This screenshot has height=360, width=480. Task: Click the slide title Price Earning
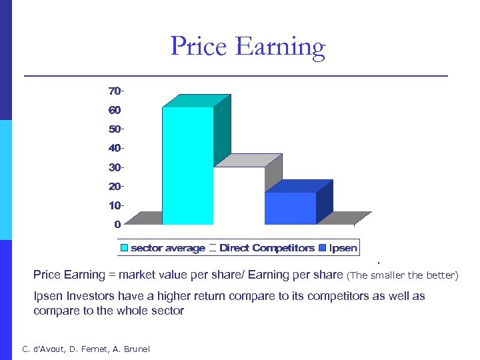[x=247, y=47]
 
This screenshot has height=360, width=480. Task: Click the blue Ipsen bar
[x=290, y=208]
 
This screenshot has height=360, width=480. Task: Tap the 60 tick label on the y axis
[x=115, y=109]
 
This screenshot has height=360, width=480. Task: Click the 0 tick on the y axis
[x=117, y=224]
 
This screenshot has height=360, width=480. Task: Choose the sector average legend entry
[x=167, y=248]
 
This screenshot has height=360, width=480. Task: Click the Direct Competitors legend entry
[x=267, y=248]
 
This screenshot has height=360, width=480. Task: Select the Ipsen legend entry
[x=343, y=248]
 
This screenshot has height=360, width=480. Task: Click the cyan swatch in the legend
[x=124, y=248]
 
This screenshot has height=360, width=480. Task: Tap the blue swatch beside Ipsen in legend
[x=323, y=248]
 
